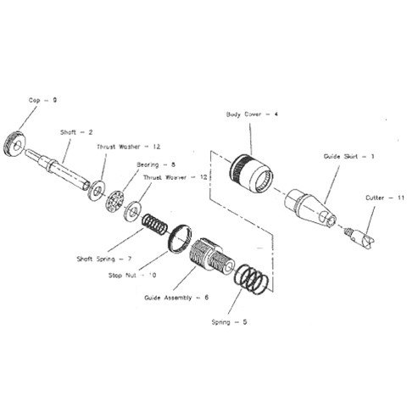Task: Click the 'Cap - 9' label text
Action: (x=42, y=100)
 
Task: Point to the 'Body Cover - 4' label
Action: (x=251, y=114)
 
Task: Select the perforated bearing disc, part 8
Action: (x=113, y=201)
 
